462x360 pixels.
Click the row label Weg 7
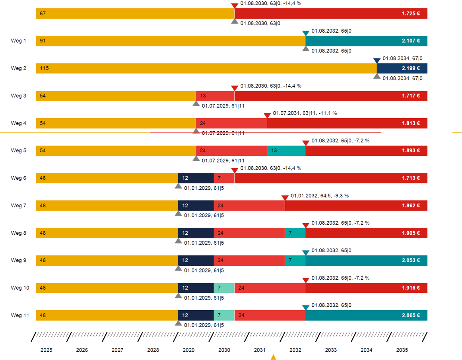click(18, 206)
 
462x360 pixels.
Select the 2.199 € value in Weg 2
click(411, 68)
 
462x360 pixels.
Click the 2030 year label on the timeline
click(224, 350)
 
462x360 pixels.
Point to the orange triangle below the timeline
click(273, 357)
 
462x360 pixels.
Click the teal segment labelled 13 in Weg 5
click(286, 151)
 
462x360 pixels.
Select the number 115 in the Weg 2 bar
click(44, 68)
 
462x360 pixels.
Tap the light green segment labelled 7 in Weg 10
click(224, 288)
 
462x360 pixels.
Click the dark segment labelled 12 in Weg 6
click(196, 178)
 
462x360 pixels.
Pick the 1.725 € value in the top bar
click(411, 14)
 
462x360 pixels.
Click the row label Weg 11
click(20, 315)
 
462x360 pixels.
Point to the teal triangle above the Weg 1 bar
click(305, 33)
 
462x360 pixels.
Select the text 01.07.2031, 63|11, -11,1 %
click(305, 113)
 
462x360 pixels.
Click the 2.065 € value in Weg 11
click(411, 315)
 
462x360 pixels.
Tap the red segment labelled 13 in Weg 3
click(215, 96)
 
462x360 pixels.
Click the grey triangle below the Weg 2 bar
click(377, 76)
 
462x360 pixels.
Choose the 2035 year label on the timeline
click(402, 350)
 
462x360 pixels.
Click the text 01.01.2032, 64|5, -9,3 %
click(320, 196)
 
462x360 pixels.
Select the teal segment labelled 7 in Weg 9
click(295, 261)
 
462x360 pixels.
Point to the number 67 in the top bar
click(43, 14)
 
